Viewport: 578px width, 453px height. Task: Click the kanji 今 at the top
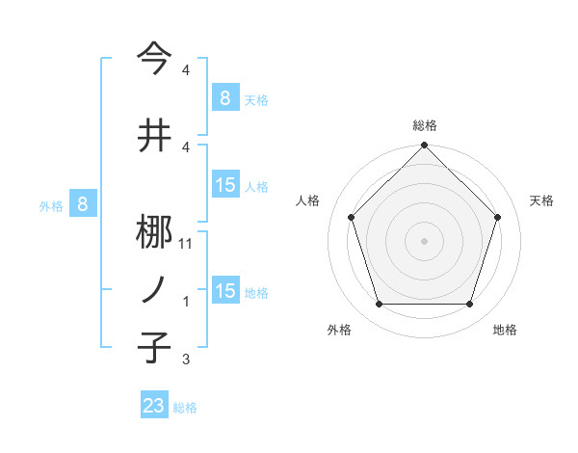(x=154, y=59)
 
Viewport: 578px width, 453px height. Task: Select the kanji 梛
(x=154, y=231)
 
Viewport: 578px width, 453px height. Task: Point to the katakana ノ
(x=154, y=289)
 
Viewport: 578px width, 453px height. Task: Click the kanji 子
(x=154, y=346)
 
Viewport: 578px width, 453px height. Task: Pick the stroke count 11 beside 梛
(x=187, y=244)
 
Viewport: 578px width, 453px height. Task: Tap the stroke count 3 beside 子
(x=185, y=360)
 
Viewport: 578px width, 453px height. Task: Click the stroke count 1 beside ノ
(x=185, y=303)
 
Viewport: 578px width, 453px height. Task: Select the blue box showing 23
(x=154, y=406)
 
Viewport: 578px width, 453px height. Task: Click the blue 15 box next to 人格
(x=224, y=186)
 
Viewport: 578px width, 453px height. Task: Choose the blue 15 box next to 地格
(x=224, y=292)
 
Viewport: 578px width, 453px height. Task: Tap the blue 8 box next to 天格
(x=224, y=98)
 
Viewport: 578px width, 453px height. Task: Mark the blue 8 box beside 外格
(x=83, y=204)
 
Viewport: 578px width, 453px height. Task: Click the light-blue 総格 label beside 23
(x=185, y=408)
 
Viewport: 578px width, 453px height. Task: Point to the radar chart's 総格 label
(x=424, y=125)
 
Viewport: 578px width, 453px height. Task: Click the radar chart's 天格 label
(x=541, y=200)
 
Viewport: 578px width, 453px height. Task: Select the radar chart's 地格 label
(x=505, y=331)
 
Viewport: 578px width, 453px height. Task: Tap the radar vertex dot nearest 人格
(x=351, y=217)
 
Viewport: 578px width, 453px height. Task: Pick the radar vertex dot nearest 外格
(x=379, y=305)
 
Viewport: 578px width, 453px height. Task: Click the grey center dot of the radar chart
(x=424, y=241)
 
